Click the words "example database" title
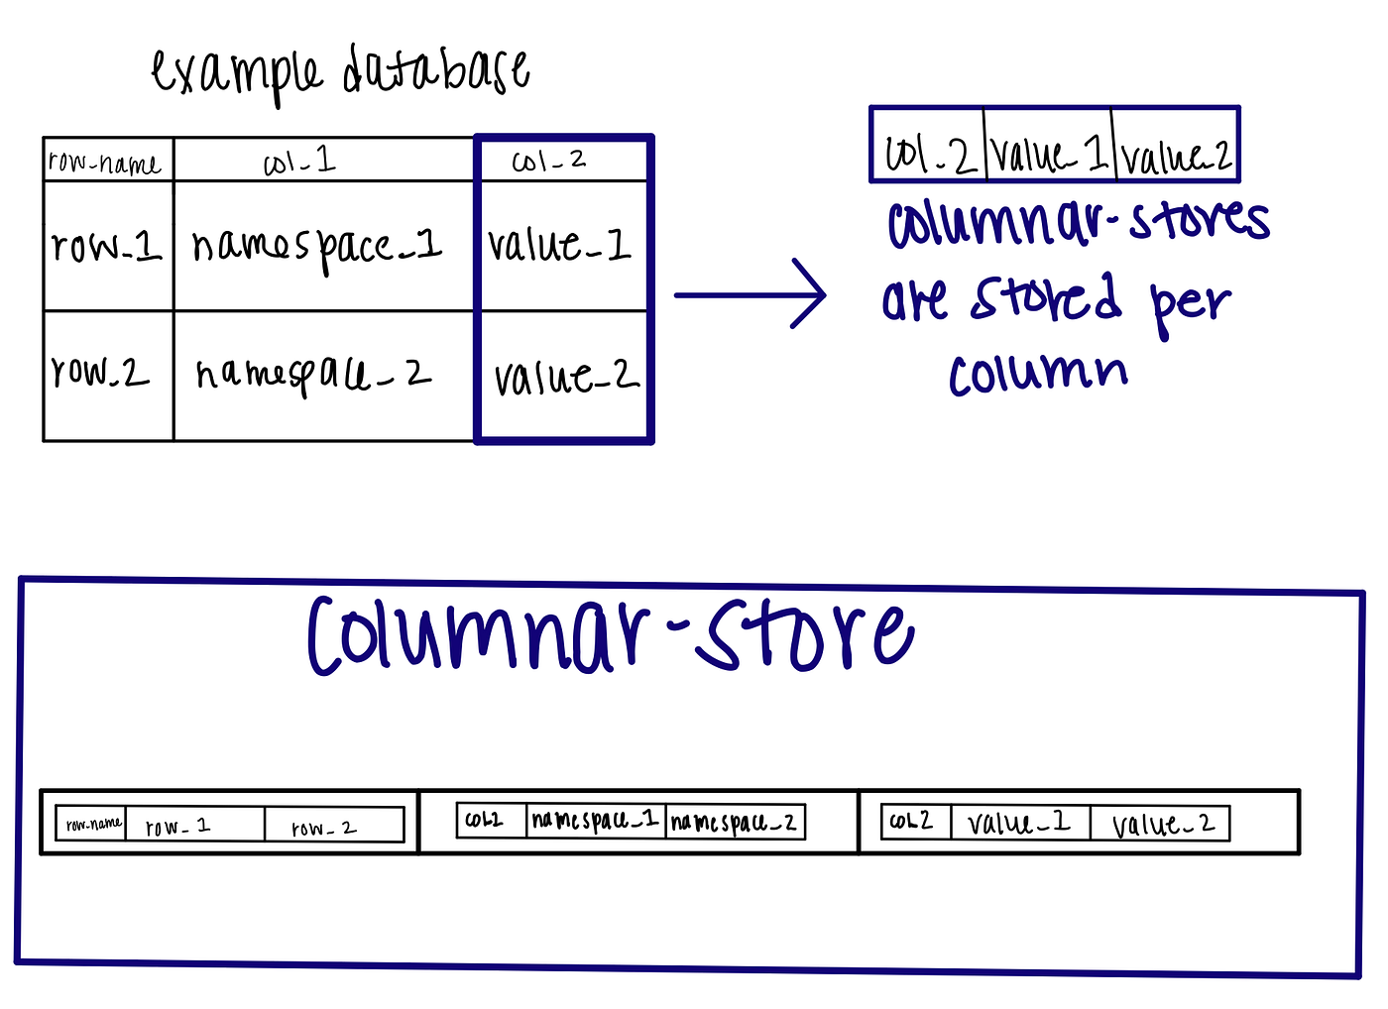[x=339, y=71]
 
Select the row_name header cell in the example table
[x=105, y=162]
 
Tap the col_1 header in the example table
[x=299, y=162]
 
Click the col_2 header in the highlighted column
[x=548, y=161]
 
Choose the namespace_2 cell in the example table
[x=313, y=375]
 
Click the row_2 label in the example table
[x=100, y=372]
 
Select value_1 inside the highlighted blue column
[x=559, y=244]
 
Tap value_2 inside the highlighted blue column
[x=565, y=377]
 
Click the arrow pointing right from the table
[x=750, y=294]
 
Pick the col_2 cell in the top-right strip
[x=928, y=155]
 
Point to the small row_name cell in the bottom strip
[x=93, y=824]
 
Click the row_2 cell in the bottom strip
[x=324, y=827]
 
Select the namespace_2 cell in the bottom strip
[x=734, y=822]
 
